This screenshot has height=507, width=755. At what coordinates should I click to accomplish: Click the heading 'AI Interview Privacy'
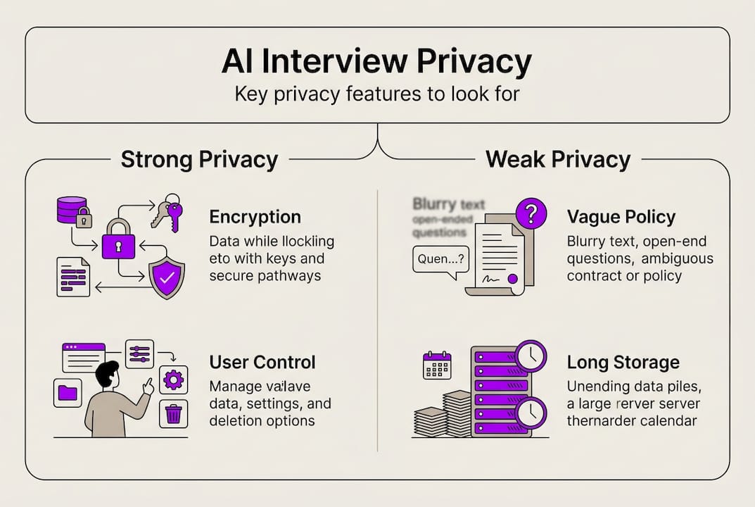376,62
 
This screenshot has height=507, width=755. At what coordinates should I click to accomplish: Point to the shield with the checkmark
167,277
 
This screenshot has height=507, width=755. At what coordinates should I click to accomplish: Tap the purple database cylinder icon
71,211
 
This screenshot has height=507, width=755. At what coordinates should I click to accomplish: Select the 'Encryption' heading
255,217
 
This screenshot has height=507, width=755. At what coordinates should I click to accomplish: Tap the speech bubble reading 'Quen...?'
440,258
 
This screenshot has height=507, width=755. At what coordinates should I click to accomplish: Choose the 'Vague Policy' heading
621,217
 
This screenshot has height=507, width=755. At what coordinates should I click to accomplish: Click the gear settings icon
173,381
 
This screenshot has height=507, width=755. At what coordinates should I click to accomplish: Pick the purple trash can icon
173,413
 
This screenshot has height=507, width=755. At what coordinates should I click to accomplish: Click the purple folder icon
68,392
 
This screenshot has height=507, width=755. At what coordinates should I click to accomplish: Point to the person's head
108,374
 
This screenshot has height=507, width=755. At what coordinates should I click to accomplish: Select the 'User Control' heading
262,363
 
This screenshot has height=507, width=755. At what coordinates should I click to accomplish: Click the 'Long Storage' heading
623,363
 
